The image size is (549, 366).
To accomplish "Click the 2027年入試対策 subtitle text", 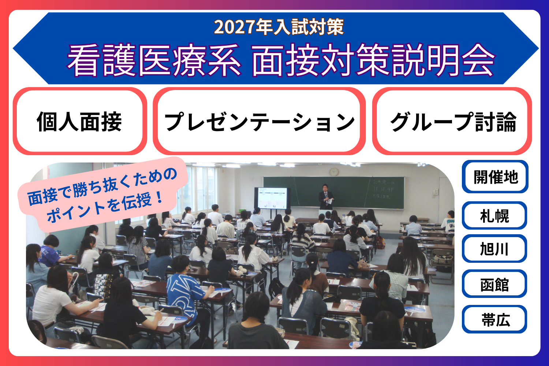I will click(279, 27).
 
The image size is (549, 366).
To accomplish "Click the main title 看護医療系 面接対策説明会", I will click(281, 61).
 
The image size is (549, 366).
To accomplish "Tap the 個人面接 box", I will click(79, 122).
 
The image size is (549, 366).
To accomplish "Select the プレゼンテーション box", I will click(259, 122).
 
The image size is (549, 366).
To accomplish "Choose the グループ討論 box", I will click(452, 122).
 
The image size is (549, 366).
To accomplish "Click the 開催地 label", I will click(495, 177).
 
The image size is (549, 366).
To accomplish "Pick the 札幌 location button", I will click(494, 216).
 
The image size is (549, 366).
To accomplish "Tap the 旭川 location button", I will click(494, 249).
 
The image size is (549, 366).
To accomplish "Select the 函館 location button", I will click(494, 284).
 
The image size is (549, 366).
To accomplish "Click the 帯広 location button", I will click(494, 320).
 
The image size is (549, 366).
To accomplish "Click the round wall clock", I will click(334, 172).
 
